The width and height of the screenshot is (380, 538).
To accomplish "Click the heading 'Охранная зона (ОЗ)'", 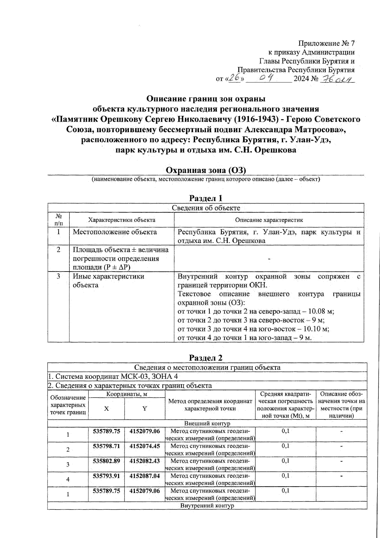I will [206, 170].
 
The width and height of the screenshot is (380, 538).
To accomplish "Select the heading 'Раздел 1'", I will [206, 198].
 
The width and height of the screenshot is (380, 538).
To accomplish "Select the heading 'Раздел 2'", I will [206, 358].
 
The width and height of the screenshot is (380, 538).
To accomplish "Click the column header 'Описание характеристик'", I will [269, 220].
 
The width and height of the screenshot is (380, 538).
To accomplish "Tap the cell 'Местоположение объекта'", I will [115, 232].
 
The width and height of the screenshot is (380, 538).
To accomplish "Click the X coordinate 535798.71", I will [106, 446].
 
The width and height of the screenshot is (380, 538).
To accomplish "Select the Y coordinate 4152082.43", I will [145, 461].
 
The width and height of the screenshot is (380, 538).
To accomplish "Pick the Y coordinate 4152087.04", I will [145, 476].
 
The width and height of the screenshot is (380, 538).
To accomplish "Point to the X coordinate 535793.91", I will [106, 476].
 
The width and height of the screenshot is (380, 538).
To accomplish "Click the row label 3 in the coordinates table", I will [68, 464].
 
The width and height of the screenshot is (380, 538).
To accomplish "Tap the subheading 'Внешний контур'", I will [207, 424].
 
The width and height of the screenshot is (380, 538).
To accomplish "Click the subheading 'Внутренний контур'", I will [207, 506].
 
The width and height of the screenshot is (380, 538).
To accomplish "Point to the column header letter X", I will [106, 409].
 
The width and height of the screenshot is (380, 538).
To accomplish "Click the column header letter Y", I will [145, 409].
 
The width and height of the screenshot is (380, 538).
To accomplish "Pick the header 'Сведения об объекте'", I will [206, 208].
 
